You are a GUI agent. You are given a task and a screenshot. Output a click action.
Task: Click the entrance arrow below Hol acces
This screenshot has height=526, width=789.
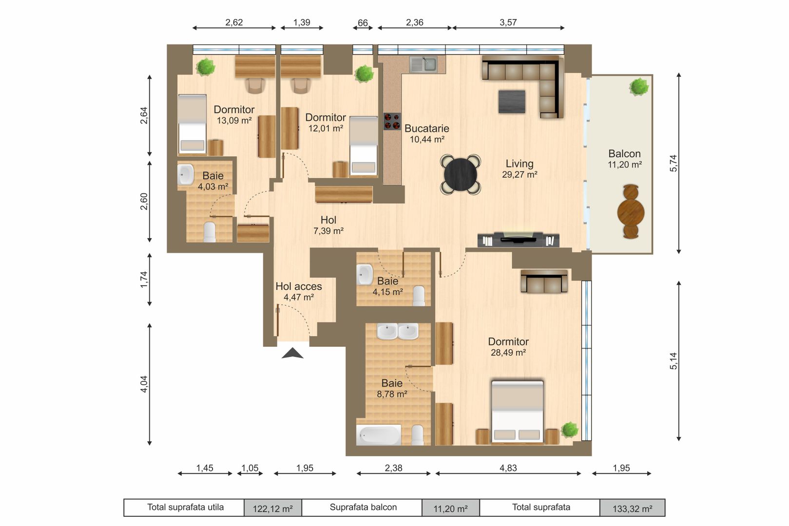pyautogui.click(x=292, y=354)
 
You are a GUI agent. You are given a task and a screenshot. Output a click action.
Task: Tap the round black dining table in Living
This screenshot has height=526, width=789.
pyautogui.click(x=461, y=174)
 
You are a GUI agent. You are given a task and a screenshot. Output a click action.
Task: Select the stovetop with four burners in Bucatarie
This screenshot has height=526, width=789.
pyautogui.click(x=392, y=121)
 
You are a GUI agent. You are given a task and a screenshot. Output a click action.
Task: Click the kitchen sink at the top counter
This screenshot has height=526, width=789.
pyautogui.click(x=423, y=64)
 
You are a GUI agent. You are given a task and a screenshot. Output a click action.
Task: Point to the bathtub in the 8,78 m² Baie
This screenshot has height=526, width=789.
pyautogui.click(x=379, y=434)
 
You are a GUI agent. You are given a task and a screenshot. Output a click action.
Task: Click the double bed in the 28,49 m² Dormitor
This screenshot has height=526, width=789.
pyautogui.click(x=517, y=412)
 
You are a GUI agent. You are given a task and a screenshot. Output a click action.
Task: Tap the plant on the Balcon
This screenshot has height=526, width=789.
pyautogui.click(x=638, y=87)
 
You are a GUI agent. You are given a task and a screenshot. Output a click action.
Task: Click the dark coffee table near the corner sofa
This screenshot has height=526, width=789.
pyautogui.click(x=512, y=101)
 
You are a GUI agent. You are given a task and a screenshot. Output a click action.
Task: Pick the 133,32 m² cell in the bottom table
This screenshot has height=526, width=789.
pyautogui.click(x=632, y=508)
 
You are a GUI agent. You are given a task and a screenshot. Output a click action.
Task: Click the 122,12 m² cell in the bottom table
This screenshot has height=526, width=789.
pyautogui.click(x=272, y=508)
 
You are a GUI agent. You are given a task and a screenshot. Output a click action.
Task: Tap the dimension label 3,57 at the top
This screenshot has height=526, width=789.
pyautogui.click(x=508, y=22)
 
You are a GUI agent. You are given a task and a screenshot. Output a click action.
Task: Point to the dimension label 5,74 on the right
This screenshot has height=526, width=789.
pyautogui.click(x=674, y=163)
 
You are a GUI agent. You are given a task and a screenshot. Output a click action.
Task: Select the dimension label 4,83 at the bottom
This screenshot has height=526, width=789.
pyautogui.click(x=508, y=468)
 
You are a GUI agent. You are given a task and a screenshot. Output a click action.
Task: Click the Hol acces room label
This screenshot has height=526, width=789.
pyautogui.click(x=299, y=286)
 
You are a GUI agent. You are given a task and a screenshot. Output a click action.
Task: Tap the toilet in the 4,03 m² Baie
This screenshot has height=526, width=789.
pyautogui.click(x=210, y=232)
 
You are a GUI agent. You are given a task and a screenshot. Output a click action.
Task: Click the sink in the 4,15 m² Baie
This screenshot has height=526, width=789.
pyautogui.click(x=365, y=274)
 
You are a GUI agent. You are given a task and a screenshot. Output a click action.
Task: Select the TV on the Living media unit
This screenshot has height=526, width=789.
pyautogui.click(x=519, y=238)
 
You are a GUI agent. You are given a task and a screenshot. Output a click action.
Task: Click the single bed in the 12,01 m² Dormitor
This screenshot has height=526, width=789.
pyautogui.click(x=364, y=145)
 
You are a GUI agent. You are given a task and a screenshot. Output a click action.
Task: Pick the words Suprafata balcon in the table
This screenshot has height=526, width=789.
pyautogui.click(x=363, y=507)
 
